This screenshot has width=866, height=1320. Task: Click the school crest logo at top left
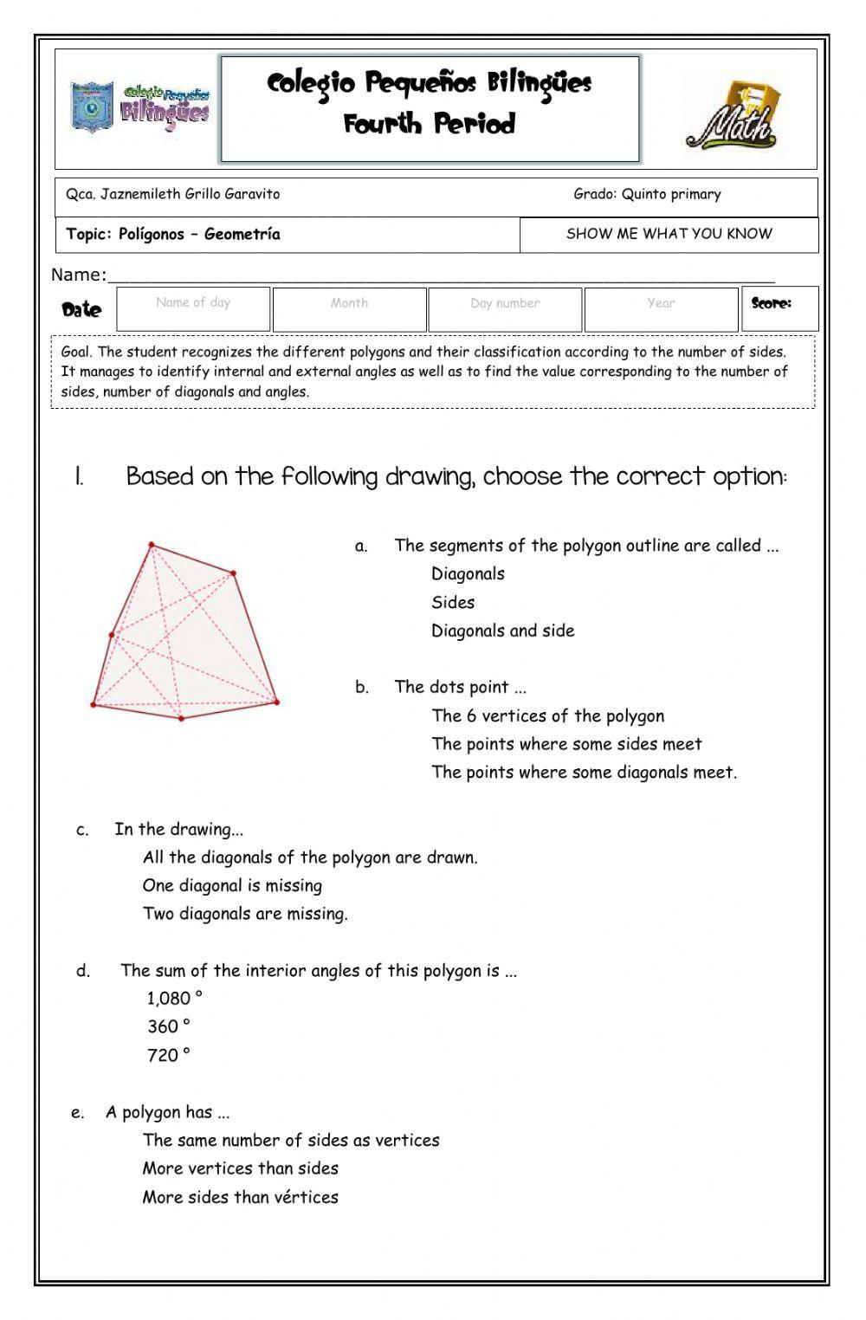click(92, 108)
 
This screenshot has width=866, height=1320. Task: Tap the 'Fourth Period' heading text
click(430, 124)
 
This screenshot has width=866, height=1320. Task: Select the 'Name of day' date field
click(193, 309)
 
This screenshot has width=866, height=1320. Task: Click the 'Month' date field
click(349, 309)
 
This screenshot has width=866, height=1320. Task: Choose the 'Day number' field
click(505, 309)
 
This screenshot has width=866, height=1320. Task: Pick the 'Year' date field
click(661, 309)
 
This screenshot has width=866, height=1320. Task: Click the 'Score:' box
click(779, 308)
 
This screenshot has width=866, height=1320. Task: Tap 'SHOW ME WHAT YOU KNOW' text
click(669, 234)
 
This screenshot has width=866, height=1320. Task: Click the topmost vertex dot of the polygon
click(152, 545)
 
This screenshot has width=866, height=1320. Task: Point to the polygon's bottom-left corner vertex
click(94, 705)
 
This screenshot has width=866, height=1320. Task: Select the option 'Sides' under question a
click(453, 603)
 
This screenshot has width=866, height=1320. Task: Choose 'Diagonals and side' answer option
click(502, 631)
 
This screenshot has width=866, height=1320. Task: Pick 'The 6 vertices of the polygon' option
click(547, 716)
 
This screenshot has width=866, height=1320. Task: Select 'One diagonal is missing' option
click(232, 886)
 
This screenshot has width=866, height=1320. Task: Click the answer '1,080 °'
click(174, 999)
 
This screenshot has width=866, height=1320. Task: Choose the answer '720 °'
click(168, 1055)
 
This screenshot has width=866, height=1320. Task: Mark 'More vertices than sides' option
click(240, 1168)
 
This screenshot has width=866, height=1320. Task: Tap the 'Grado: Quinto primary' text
click(647, 194)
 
